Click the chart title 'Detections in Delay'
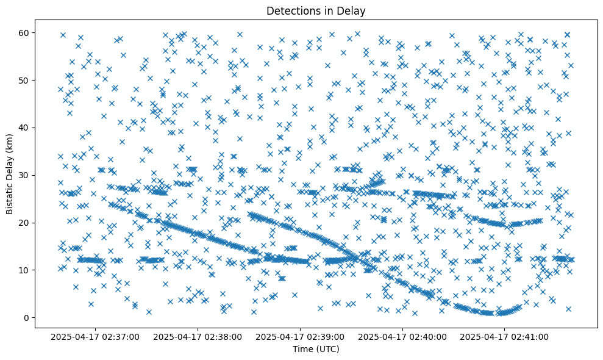tap(316, 10)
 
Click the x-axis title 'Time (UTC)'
tap(316, 350)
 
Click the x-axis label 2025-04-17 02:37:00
tap(96, 336)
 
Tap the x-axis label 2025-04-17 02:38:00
tap(198, 336)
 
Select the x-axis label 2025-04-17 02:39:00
tap(301, 336)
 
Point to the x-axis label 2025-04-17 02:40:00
tap(403, 336)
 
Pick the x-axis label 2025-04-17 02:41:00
tap(505, 336)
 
